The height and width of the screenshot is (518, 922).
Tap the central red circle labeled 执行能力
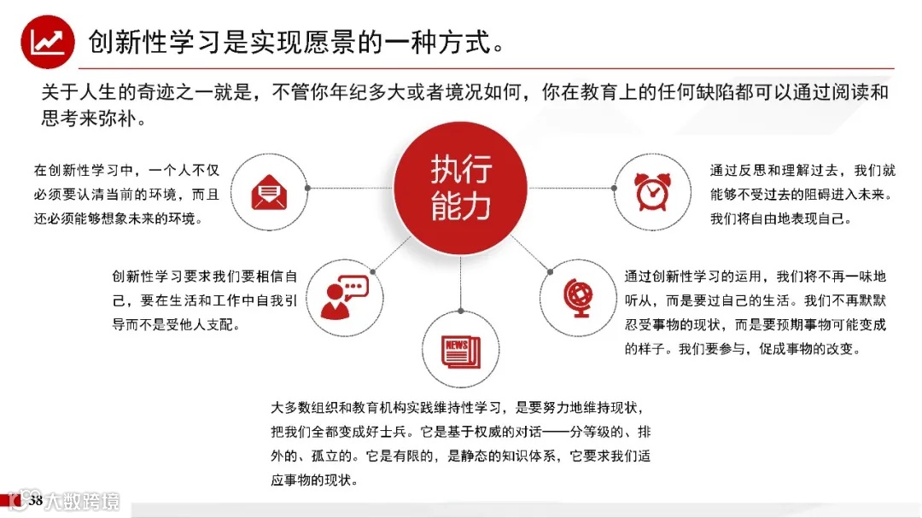460,187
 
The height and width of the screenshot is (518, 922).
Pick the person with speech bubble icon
343,296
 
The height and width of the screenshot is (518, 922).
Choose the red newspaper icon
460,350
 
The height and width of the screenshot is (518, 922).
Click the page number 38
36,500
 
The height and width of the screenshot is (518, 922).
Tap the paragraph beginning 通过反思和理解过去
802,194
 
